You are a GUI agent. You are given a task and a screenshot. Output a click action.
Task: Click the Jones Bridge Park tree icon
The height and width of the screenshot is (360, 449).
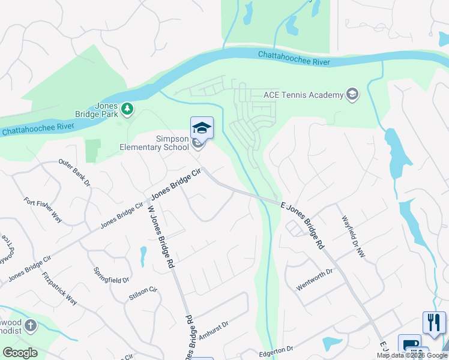127,108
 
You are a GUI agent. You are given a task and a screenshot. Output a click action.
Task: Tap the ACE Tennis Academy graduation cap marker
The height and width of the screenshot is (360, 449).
352,94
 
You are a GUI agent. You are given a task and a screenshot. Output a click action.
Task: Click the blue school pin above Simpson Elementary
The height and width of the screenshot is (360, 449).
202,128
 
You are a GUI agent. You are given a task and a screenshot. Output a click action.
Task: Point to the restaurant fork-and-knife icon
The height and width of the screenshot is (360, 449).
434,322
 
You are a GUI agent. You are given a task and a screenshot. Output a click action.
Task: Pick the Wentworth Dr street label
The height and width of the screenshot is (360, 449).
314,280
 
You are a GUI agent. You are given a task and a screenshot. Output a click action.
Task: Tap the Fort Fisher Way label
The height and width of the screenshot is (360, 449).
43,210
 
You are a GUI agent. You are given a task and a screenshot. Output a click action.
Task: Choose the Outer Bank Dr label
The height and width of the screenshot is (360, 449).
74,172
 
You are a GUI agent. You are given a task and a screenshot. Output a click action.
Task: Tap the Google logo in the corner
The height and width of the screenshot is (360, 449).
20,353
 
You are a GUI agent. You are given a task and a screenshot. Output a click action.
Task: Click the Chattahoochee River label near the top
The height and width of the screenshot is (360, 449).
294,56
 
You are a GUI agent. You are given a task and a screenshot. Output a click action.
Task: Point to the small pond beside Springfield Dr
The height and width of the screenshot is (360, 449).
143,256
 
